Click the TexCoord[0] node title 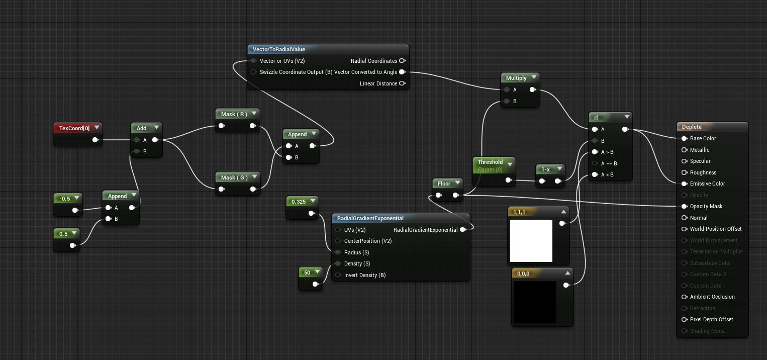pyautogui.click(x=74, y=128)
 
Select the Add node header pyautogui.click(x=142, y=128)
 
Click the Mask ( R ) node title pyautogui.click(x=234, y=114)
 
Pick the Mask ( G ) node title pyautogui.click(x=234, y=177)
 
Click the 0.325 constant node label pyautogui.click(x=299, y=202)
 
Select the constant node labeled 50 pyautogui.click(x=307, y=273)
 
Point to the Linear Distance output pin pyautogui.click(x=402, y=83)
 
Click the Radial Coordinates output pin pyautogui.click(x=402, y=61)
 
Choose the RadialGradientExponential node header pyautogui.click(x=370, y=218)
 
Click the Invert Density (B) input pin pyautogui.click(x=338, y=275)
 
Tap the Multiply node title pyautogui.click(x=516, y=78)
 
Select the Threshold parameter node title pyautogui.click(x=490, y=162)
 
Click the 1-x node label pyautogui.click(x=545, y=169)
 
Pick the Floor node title pyautogui.click(x=444, y=184)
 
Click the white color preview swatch pyautogui.click(x=531, y=240)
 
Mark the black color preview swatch pyautogui.click(x=534, y=302)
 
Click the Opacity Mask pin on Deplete pyautogui.click(x=684, y=206)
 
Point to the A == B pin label pyautogui.click(x=609, y=163)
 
